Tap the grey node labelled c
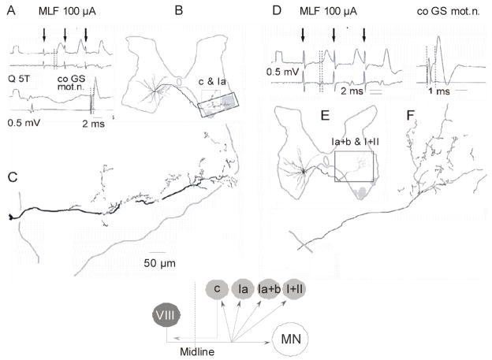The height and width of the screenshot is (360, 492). [215, 290]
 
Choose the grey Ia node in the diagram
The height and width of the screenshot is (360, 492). [245, 290]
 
